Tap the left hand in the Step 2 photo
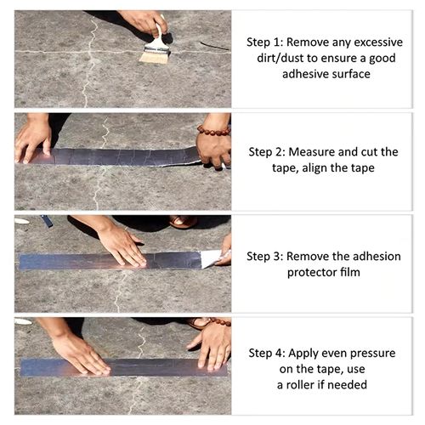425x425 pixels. [x=34, y=138]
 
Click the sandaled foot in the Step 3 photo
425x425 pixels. [x=182, y=222]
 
